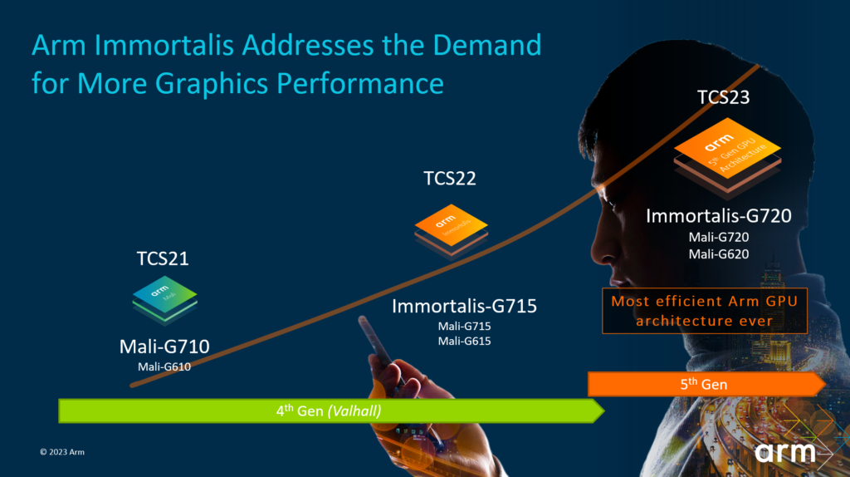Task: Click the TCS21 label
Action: (163, 258)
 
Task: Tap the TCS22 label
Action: (450, 179)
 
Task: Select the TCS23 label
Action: (723, 97)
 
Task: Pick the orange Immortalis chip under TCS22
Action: (451, 227)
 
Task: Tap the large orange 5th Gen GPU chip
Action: (726, 152)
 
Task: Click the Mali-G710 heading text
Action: (164, 346)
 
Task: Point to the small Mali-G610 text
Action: (164, 366)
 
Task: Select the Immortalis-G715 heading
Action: (465, 306)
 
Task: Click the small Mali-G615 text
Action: (465, 340)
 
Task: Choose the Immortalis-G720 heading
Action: (719, 217)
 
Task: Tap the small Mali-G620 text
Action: (719, 253)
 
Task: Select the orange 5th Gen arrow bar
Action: (706, 385)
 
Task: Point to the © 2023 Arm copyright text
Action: (62, 452)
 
